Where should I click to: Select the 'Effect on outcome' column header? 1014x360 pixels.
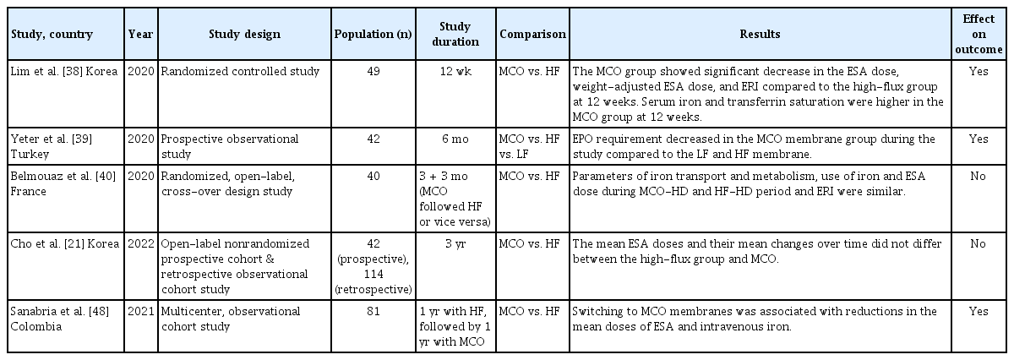979,34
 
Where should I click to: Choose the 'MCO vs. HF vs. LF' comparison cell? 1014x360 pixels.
528,144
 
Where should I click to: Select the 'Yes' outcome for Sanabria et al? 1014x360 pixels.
979,312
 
